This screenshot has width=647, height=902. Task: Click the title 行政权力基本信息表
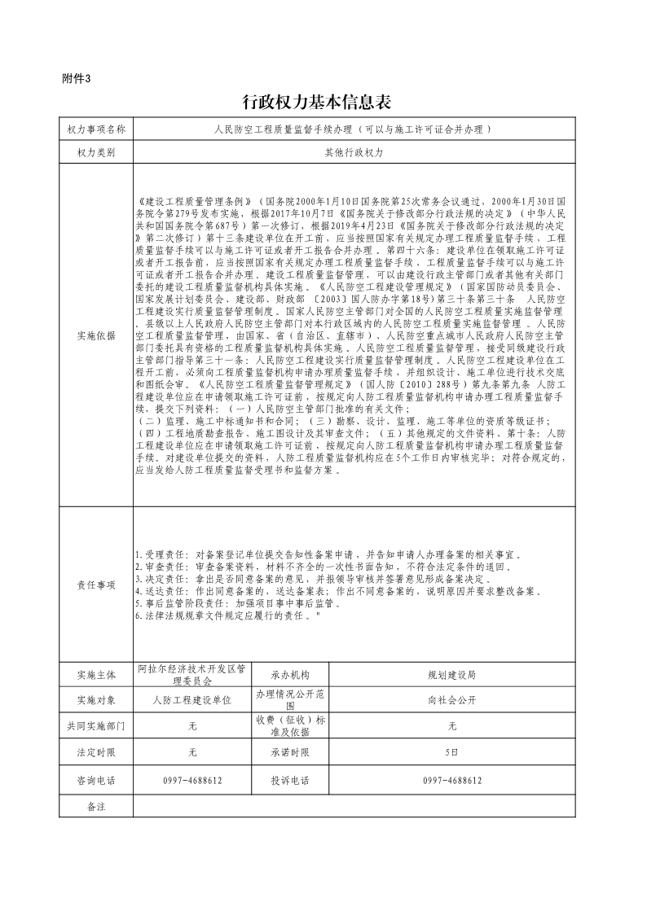pos(318,103)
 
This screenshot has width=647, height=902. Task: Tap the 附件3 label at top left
pos(77,79)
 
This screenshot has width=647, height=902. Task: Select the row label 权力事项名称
pos(96,129)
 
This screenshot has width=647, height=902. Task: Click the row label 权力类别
pos(96,152)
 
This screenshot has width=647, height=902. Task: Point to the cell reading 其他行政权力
pos(354,152)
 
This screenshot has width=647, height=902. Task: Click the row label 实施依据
pos(96,335)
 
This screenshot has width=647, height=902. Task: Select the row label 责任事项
pos(96,585)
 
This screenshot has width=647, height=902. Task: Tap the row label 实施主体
pos(96,675)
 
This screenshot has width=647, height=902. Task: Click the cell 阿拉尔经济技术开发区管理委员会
pos(192,675)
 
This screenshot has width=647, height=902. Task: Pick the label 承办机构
pos(290,675)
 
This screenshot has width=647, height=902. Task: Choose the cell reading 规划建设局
pos(452,675)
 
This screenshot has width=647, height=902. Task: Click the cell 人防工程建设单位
pos(192,700)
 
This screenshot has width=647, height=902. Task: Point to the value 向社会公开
pos(452,700)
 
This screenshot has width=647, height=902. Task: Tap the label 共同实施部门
pos(96,726)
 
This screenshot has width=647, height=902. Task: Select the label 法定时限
pos(96,753)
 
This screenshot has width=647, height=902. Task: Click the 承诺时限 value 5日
pos(452,753)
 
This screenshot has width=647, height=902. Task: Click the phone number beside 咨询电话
pos(192,780)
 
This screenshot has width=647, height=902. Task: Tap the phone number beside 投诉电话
pos(452,780)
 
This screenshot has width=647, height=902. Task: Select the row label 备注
pos(96,805)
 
